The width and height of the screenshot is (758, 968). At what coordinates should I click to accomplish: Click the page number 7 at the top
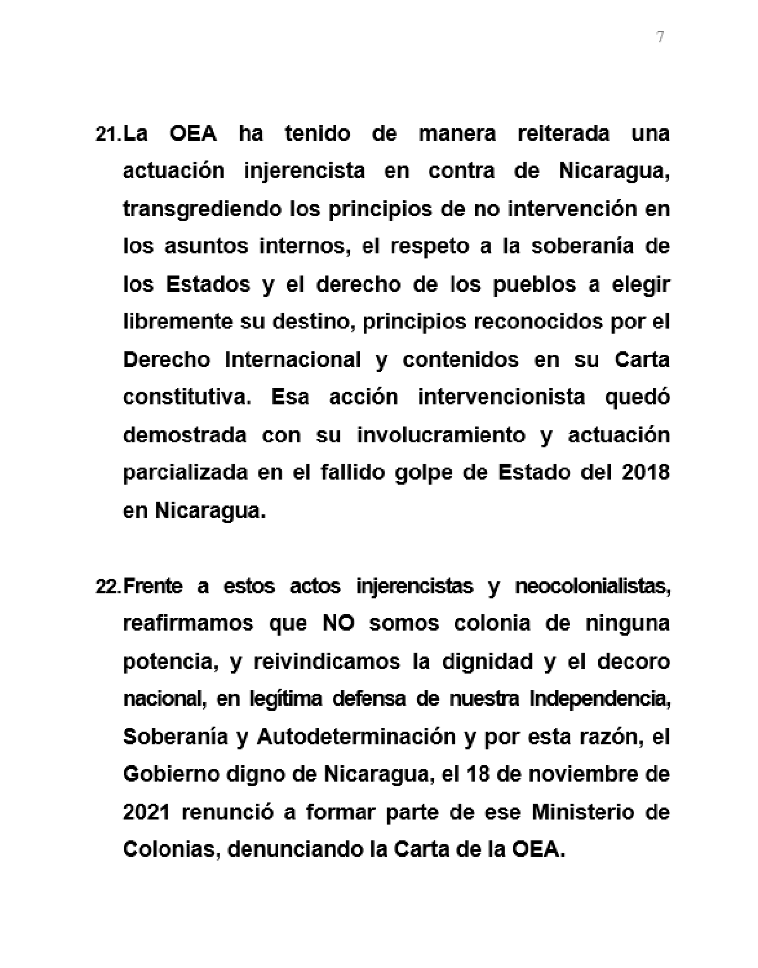pyautogui.click(x=660, y=37)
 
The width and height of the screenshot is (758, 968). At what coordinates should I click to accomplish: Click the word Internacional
pyautogui.click(x=293, y=360)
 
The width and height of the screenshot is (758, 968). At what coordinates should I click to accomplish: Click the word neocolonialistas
pyautogui.click(x=592, y=586)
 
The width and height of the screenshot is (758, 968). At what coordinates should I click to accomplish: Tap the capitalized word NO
pyautogui.click(x=338, y=624)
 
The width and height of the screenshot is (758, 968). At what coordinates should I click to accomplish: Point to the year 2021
pyautogui.click(x=146, y=812)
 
